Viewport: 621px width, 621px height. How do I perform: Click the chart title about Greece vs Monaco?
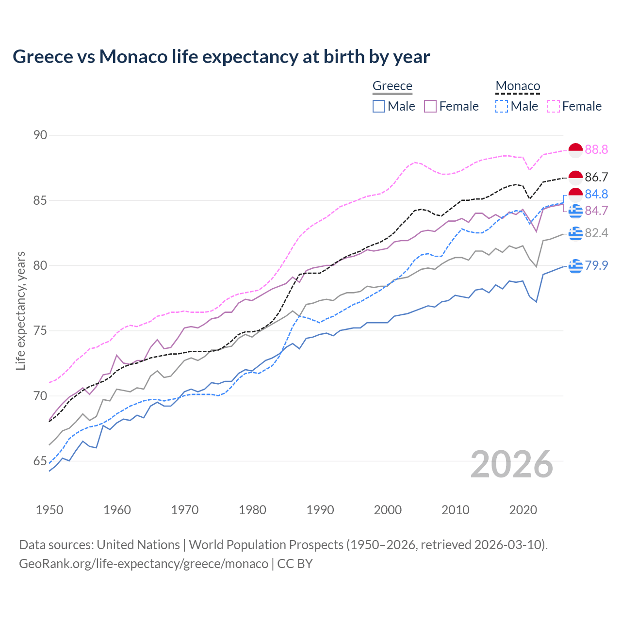(x=221, y=57)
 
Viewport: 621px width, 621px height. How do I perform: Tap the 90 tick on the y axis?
(x=40, y=135)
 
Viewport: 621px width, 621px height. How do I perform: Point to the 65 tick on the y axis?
(x=40, y=461)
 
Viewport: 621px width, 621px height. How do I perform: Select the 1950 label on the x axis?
(x=49, y=510)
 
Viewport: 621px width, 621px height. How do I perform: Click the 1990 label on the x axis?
(x=320, y=510)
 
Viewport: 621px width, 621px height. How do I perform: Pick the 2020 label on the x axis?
(x=523, y=510)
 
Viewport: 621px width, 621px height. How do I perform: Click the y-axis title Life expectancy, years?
(x=21, y=310)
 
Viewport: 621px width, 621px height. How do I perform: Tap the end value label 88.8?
(x=596, y=149)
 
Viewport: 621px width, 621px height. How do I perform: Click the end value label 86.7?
(x=596, y=177)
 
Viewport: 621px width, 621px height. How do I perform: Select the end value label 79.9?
(x=596, y=265)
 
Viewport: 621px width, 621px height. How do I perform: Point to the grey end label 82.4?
(x=596, y=233)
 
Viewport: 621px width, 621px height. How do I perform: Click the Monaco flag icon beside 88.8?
(x=575, y=150)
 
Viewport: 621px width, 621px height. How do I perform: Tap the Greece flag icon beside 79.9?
(x=575, y=266)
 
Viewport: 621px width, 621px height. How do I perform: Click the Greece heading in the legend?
(x=392, y=86)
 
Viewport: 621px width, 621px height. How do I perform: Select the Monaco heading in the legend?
(x=518, y=86)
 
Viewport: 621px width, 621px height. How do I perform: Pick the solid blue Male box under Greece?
(x=379, y=106)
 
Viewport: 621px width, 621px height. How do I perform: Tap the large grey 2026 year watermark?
(x=511, y=464)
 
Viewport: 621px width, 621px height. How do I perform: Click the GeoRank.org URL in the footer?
(x=144, y=564)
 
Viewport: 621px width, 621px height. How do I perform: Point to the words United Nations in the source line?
(x=138, y=544)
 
